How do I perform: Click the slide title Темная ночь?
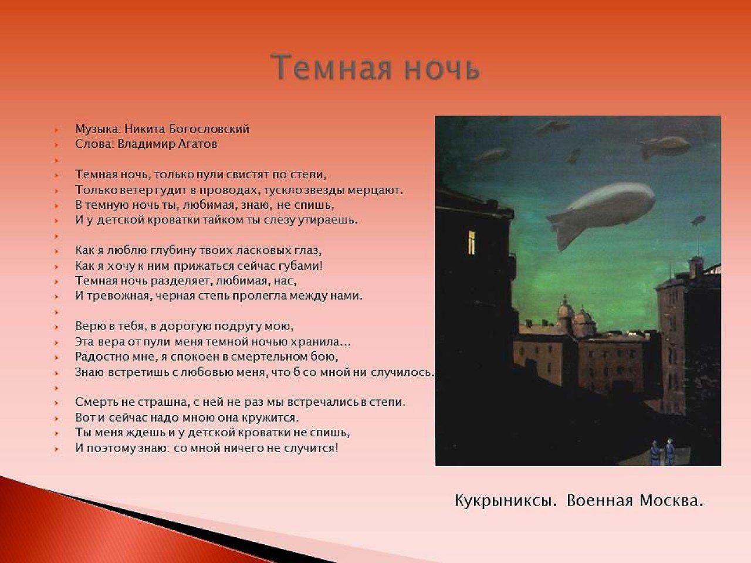375,67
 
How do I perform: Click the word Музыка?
98,130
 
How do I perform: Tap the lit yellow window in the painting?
472,242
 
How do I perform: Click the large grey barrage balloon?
601,213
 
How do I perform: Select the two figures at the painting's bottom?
662,452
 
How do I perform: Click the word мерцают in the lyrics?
375,191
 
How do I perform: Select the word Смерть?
97,402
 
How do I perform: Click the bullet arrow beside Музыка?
56,130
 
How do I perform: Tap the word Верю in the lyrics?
90,327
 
